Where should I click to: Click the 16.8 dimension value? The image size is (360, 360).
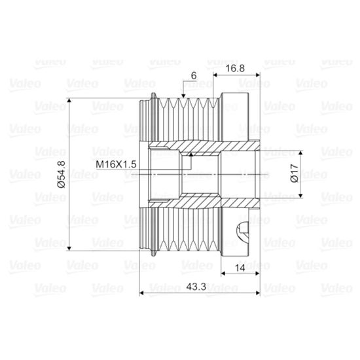pos(235,69)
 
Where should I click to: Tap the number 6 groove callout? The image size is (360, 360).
pos(194,76)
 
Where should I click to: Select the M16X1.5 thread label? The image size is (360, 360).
pos(116,164)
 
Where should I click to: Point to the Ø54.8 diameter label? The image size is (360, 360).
pos(62,174)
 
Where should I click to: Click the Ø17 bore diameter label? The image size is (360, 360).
pos(295,173)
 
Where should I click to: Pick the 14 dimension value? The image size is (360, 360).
pos(240,268)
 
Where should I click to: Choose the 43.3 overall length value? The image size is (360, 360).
pos(196,287)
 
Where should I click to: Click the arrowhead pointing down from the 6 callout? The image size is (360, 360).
pos(183,96)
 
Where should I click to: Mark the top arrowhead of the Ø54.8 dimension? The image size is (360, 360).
pos(69,100)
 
